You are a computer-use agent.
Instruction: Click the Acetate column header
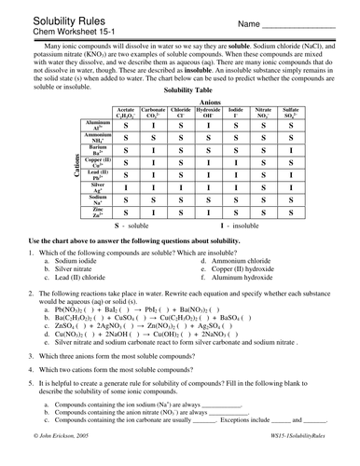pyautogui.click(x=125, y=113)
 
